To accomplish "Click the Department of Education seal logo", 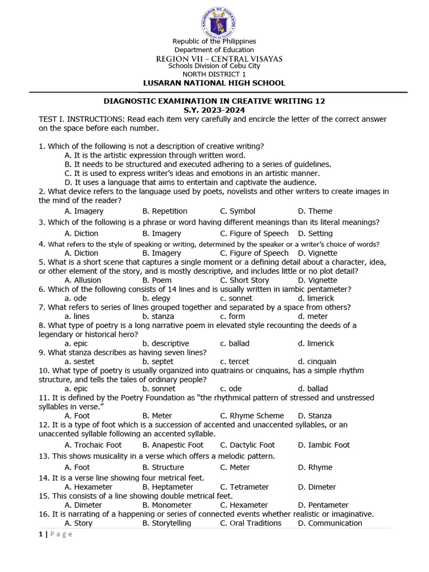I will coord(218,24).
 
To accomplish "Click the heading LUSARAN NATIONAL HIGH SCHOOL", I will coord(214,83).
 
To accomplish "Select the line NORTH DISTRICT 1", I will coord(214,74).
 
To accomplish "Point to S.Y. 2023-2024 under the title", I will coord(214,110).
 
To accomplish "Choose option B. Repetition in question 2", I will coord(165,211).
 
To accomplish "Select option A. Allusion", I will coord(83,280).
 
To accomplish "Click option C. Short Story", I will coord(244,280).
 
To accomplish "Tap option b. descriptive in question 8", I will coord(165,344).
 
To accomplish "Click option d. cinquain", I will coord(317,361).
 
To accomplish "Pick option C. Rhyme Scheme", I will coord(251,416).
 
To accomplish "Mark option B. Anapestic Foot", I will coord(173,445).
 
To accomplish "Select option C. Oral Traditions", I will coord(250,523).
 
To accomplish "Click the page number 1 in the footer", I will coord(41,534).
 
